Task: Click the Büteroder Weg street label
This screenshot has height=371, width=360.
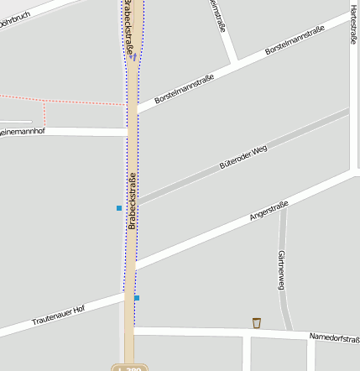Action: pyautogui.click(x=243, y=157)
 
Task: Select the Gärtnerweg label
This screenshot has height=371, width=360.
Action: pyautogui.click(x=280, y=270)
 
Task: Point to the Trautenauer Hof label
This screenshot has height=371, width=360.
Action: pyautogui.click(x=58, y=316)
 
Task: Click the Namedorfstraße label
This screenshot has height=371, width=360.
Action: pyautogui.click(x=334, y=337)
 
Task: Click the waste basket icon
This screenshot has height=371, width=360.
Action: pyautogui.click(x=256, y=322)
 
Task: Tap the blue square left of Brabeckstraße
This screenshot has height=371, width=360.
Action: pyautogui.click(x=119, y=207)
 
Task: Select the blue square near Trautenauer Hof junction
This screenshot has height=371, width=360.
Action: pyautogui.click(x=137, y=297)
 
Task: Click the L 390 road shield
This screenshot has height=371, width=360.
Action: pyautogui.click(x=128, y=368)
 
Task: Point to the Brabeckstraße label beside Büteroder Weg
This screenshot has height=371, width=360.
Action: pyautogui.click(x=132, y=200)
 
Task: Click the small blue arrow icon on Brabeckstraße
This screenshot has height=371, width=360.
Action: pyautogui.click(x=133, y=57)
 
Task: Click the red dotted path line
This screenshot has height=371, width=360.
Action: pyautogui.click(x=50, y=100)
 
